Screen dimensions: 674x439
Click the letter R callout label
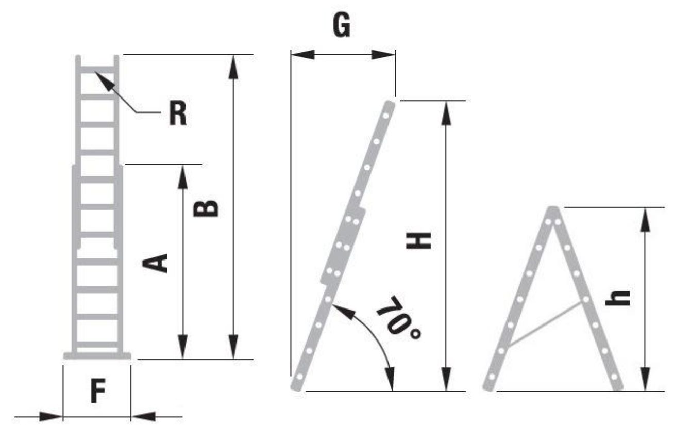178,112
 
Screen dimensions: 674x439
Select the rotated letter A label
155,263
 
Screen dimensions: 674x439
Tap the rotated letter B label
206,208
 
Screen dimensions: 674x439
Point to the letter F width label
98,391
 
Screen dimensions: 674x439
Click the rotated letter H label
418,240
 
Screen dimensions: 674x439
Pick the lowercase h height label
617,298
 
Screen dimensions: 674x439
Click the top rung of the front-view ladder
97,70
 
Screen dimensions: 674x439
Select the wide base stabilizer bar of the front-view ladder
97,356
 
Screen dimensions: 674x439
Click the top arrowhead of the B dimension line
233,67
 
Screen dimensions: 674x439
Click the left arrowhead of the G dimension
302,55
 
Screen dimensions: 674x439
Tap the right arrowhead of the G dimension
383,55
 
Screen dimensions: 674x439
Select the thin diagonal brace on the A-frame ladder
545,324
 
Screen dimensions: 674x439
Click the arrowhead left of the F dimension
51,417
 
